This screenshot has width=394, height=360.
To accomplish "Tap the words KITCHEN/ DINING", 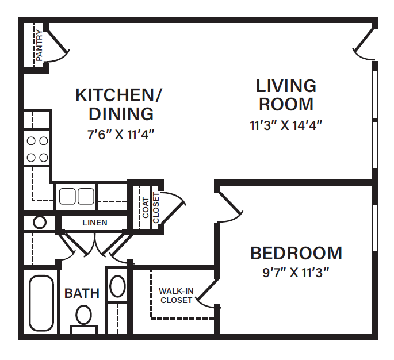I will click(x=119, y=104).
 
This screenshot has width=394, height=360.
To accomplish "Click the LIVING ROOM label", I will click(x=286, y=95).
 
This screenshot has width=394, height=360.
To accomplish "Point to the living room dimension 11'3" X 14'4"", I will click(x=286, y=125).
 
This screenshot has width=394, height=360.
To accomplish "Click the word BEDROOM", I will click(x=296, y=253).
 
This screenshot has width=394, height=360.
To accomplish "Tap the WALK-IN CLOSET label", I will click(x=176, y=296).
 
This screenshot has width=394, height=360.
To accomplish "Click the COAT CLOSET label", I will click(x=151, y=210).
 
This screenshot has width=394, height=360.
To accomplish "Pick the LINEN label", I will click(x=94, y=223).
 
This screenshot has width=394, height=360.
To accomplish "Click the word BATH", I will click(x=82, y=293).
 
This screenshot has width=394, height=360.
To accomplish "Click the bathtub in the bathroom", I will click(x=42, y=303).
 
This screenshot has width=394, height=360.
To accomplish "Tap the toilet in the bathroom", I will click(x=84, y=317).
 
